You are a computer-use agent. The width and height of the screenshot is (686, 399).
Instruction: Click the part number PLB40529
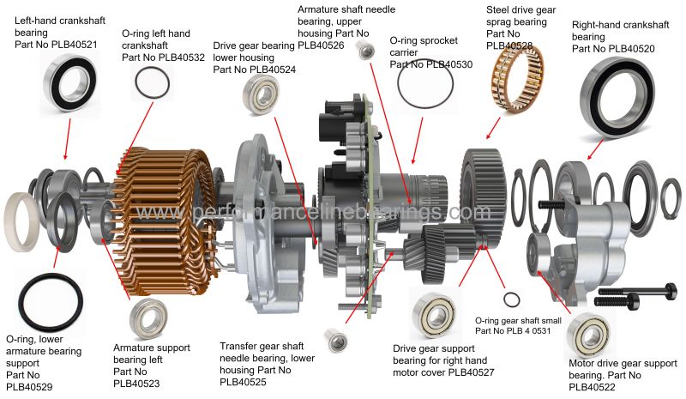pos(30,387)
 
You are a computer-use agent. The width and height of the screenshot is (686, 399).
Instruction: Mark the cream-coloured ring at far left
pos(22,216)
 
